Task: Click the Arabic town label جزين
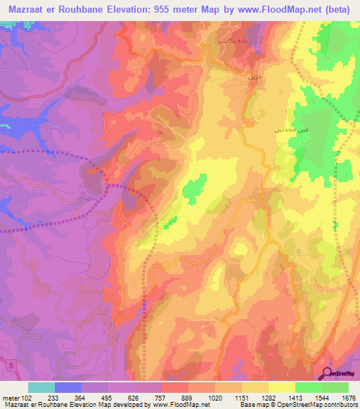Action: point(253,77)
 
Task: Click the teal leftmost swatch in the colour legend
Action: point(41,387)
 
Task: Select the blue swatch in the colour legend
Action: point(68,387)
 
